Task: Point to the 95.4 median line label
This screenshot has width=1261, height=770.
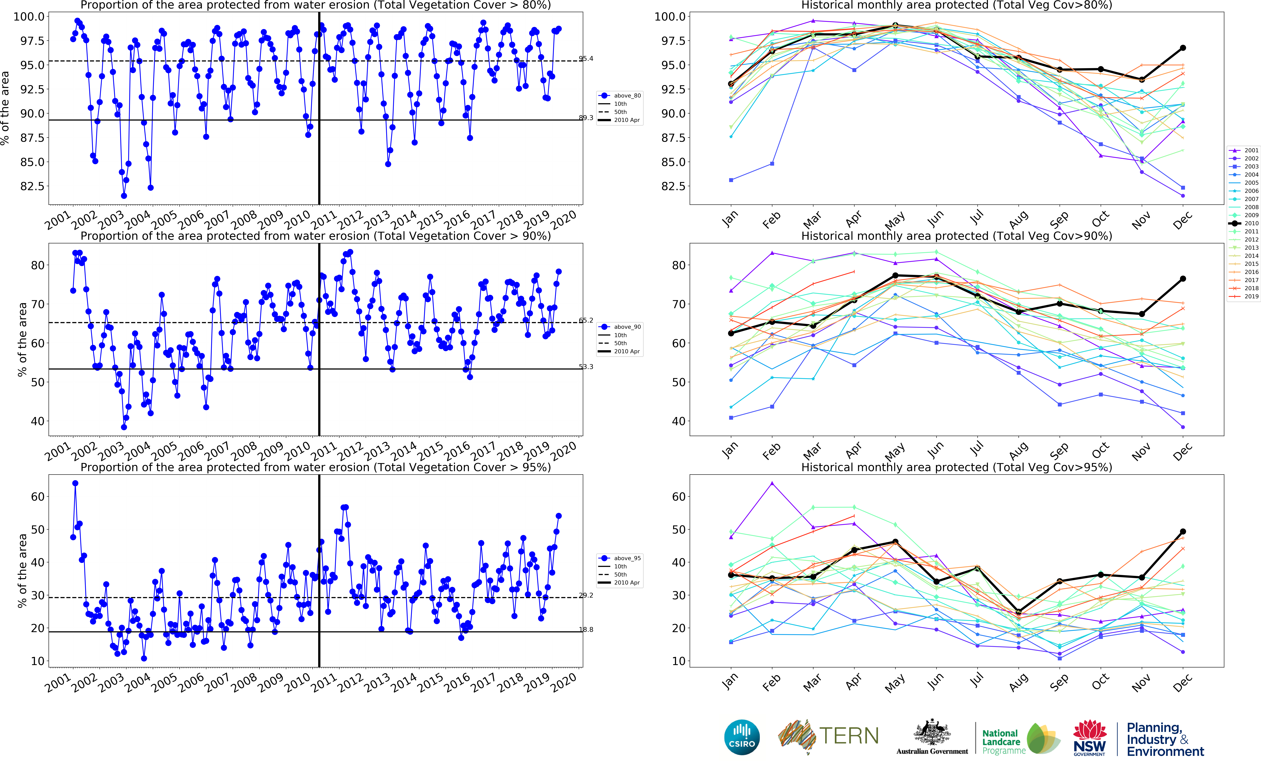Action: coord(586,59)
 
